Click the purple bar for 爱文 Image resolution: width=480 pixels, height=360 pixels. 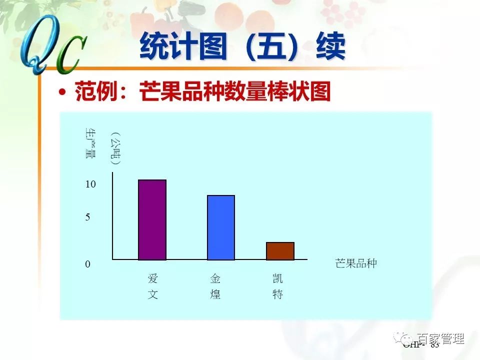[x=152, y=219]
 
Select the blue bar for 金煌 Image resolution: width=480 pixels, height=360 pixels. [x=221, y=227]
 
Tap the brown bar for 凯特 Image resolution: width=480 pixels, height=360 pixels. [x=280, y=251]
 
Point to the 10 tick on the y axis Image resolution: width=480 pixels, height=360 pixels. [x=90, y=184]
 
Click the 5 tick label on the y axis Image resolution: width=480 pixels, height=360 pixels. [x=87, y=217]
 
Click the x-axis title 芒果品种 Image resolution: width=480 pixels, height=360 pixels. [x=355, y=263]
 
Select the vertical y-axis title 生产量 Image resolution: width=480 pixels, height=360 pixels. [x=90, y=143]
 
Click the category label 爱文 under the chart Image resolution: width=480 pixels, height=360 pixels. [x=152, y=286]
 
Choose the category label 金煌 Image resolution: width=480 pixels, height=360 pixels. [x=215, y=286]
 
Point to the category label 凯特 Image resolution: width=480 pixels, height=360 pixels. [x=277, y=286]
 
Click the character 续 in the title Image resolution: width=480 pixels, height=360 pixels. [x=330, y=48]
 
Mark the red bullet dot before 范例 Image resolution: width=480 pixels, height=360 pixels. [x=62, y=92]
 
